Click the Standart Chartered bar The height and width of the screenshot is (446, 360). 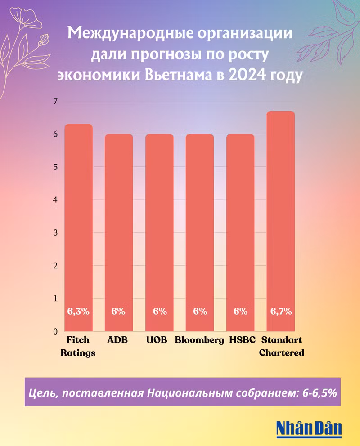pyautogui.click(x=281, y=220)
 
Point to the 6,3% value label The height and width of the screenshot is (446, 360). pyautogui.click(x=79, y=311)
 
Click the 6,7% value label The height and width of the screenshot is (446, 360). pyautogui.click(x=281, y=311)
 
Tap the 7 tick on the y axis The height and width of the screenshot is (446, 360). pyautogui.click(x=56, y=101)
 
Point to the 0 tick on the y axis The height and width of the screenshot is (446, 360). pyautogui.click(x=56, y=332)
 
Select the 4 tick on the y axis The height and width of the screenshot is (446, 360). pyautogui.click(x=56, y=200)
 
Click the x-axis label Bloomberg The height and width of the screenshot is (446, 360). pyautogui.click(x=199, y=340)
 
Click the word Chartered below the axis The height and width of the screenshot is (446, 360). pyautogui.click(x=282, y=352)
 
